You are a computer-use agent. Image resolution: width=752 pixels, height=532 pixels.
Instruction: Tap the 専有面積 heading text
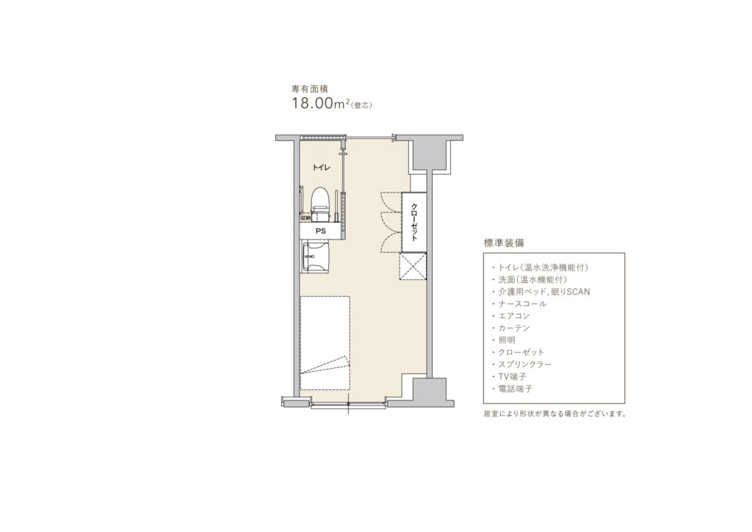pos(310,89)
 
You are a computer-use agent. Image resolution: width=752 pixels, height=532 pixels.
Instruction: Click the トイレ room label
pos(321,168)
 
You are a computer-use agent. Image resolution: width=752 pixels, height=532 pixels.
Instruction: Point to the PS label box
pos(320,231)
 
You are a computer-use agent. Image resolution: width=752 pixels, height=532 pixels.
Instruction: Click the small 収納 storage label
pos(305,218)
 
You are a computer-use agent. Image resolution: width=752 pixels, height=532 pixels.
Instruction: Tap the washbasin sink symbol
pos(314,256)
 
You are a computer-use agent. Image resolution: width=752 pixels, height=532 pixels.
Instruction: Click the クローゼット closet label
pos(414,222)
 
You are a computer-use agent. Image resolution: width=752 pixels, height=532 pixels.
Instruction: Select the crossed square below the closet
pos(413,266)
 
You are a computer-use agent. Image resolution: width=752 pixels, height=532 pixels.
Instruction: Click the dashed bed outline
pos(325,343)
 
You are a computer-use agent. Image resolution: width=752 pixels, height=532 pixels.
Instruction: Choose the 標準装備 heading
pos(504,242)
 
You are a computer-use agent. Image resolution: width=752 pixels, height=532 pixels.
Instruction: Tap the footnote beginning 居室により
pos(555,414)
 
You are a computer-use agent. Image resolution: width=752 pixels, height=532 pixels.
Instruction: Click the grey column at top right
pos(430,153)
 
